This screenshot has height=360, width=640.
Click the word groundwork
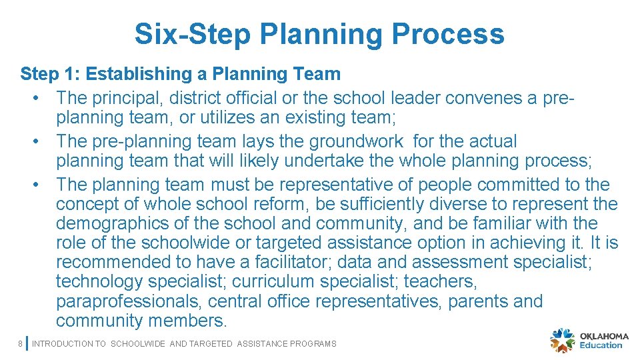click(357, 141)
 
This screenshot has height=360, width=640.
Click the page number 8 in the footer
click(21, 344)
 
